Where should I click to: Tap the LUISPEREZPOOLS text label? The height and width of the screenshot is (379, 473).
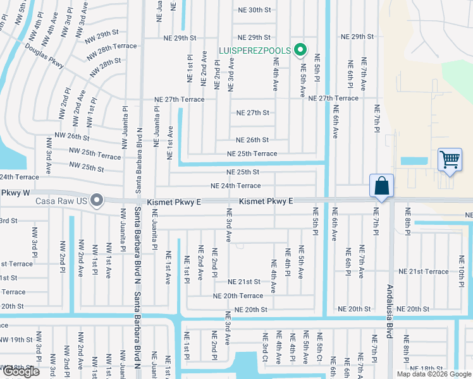[254, 50]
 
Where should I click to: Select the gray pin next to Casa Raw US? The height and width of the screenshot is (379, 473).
[96, 201]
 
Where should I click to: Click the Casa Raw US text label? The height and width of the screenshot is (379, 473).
[61, 201]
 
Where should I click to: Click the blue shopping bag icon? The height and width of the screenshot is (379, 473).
[382, 186]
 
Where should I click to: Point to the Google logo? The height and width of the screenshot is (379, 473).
[20, 371]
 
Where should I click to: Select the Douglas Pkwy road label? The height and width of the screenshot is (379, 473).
[44, 56]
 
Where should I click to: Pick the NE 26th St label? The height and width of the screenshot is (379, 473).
[252, 140]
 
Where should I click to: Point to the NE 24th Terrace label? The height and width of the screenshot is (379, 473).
[235, 186]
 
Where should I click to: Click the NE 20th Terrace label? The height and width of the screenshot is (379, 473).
[238, 296]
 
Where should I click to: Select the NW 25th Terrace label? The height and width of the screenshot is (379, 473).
[95, 156]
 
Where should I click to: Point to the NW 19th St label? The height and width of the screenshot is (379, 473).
[16, 340]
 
